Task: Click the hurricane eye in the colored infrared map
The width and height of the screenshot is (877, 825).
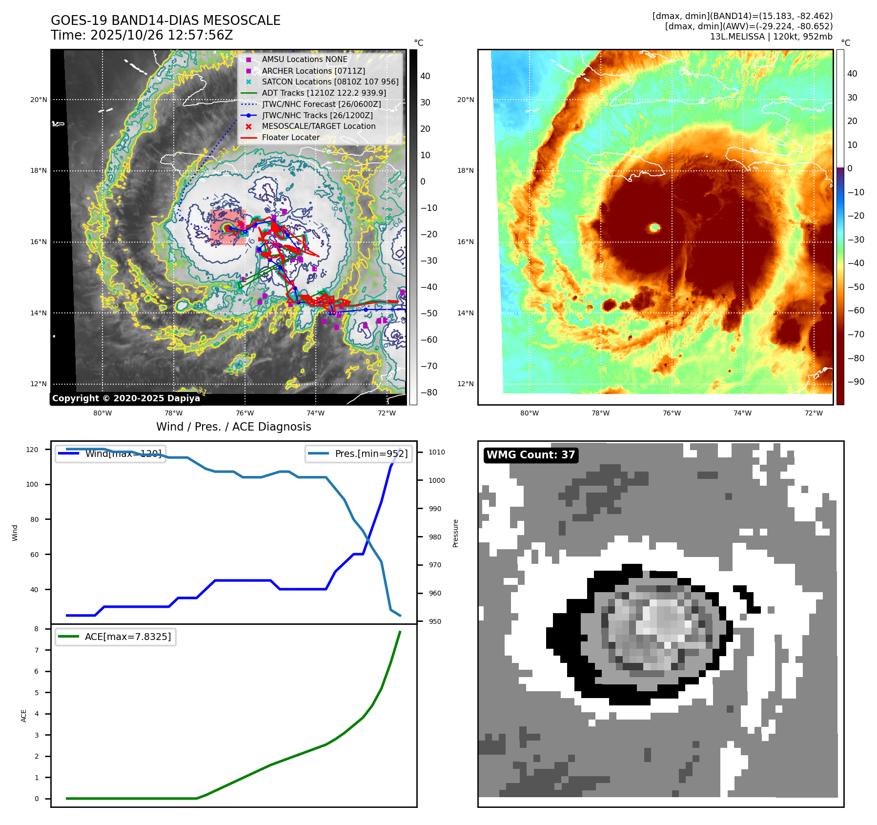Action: pos(654,227)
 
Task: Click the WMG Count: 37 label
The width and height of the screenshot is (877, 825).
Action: pos(530,455)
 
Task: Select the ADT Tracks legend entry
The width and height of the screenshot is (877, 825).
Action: pos(324,93)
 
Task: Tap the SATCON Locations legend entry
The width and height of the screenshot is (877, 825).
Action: pos(330,82)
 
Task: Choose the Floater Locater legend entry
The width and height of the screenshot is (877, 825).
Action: pos(290,137)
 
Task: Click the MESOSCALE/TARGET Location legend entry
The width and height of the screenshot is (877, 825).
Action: pos(318,126)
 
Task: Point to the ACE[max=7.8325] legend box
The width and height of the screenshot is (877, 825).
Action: pos(116,637)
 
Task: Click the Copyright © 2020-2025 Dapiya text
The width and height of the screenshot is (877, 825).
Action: pos(126,398)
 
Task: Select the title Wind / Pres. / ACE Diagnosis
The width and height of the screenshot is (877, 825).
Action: pos(233,427)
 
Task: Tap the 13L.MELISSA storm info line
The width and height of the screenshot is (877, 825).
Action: pos(771,37)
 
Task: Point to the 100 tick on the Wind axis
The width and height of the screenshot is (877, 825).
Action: pos(32,484)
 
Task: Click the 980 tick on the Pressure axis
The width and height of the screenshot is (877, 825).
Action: pos(435,537)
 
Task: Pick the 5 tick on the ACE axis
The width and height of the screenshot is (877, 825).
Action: pos(37,693)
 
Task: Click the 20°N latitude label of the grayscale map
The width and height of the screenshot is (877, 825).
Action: pos(39,100)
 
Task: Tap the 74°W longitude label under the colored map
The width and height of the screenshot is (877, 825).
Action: pos(742,413)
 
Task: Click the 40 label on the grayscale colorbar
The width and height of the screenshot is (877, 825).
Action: pos(425,76)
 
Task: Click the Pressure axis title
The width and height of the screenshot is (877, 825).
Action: pos(456,533)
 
